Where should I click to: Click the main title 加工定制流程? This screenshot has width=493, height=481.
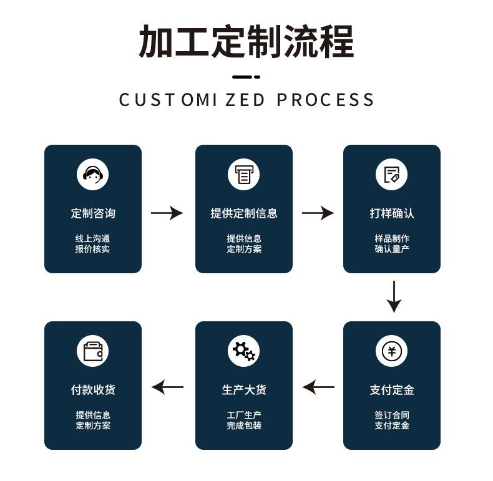pos(246,42)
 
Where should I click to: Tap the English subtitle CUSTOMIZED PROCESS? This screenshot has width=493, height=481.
pos(246,100)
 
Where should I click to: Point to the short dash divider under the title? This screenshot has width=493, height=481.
pos(246,77)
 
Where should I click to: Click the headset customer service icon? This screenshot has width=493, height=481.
pos(93,174)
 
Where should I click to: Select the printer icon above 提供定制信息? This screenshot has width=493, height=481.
pos(243,174)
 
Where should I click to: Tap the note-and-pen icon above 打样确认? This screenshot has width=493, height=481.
pos(391,174)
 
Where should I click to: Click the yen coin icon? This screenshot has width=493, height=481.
pos(391,351)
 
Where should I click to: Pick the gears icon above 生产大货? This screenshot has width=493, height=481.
pos(243,351)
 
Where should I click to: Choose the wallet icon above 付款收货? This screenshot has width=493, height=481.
pos(93,351)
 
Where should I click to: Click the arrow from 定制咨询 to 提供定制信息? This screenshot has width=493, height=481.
pos(167,213)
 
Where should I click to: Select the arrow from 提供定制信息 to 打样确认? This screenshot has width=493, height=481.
pos(318,213)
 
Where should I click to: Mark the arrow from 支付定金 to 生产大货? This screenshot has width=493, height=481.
pos(318,387)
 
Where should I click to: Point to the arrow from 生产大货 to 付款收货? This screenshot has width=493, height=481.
pos(168,387)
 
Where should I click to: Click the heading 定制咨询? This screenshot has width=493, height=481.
pos(93,213)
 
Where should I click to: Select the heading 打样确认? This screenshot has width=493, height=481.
pos(392,213)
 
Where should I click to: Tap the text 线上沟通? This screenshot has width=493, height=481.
pos(93,238)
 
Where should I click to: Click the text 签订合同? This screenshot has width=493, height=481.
pos(392,415)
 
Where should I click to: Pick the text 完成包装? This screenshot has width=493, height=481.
pos(243,425)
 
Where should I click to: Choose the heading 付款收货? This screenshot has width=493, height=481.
pos(93,390)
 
